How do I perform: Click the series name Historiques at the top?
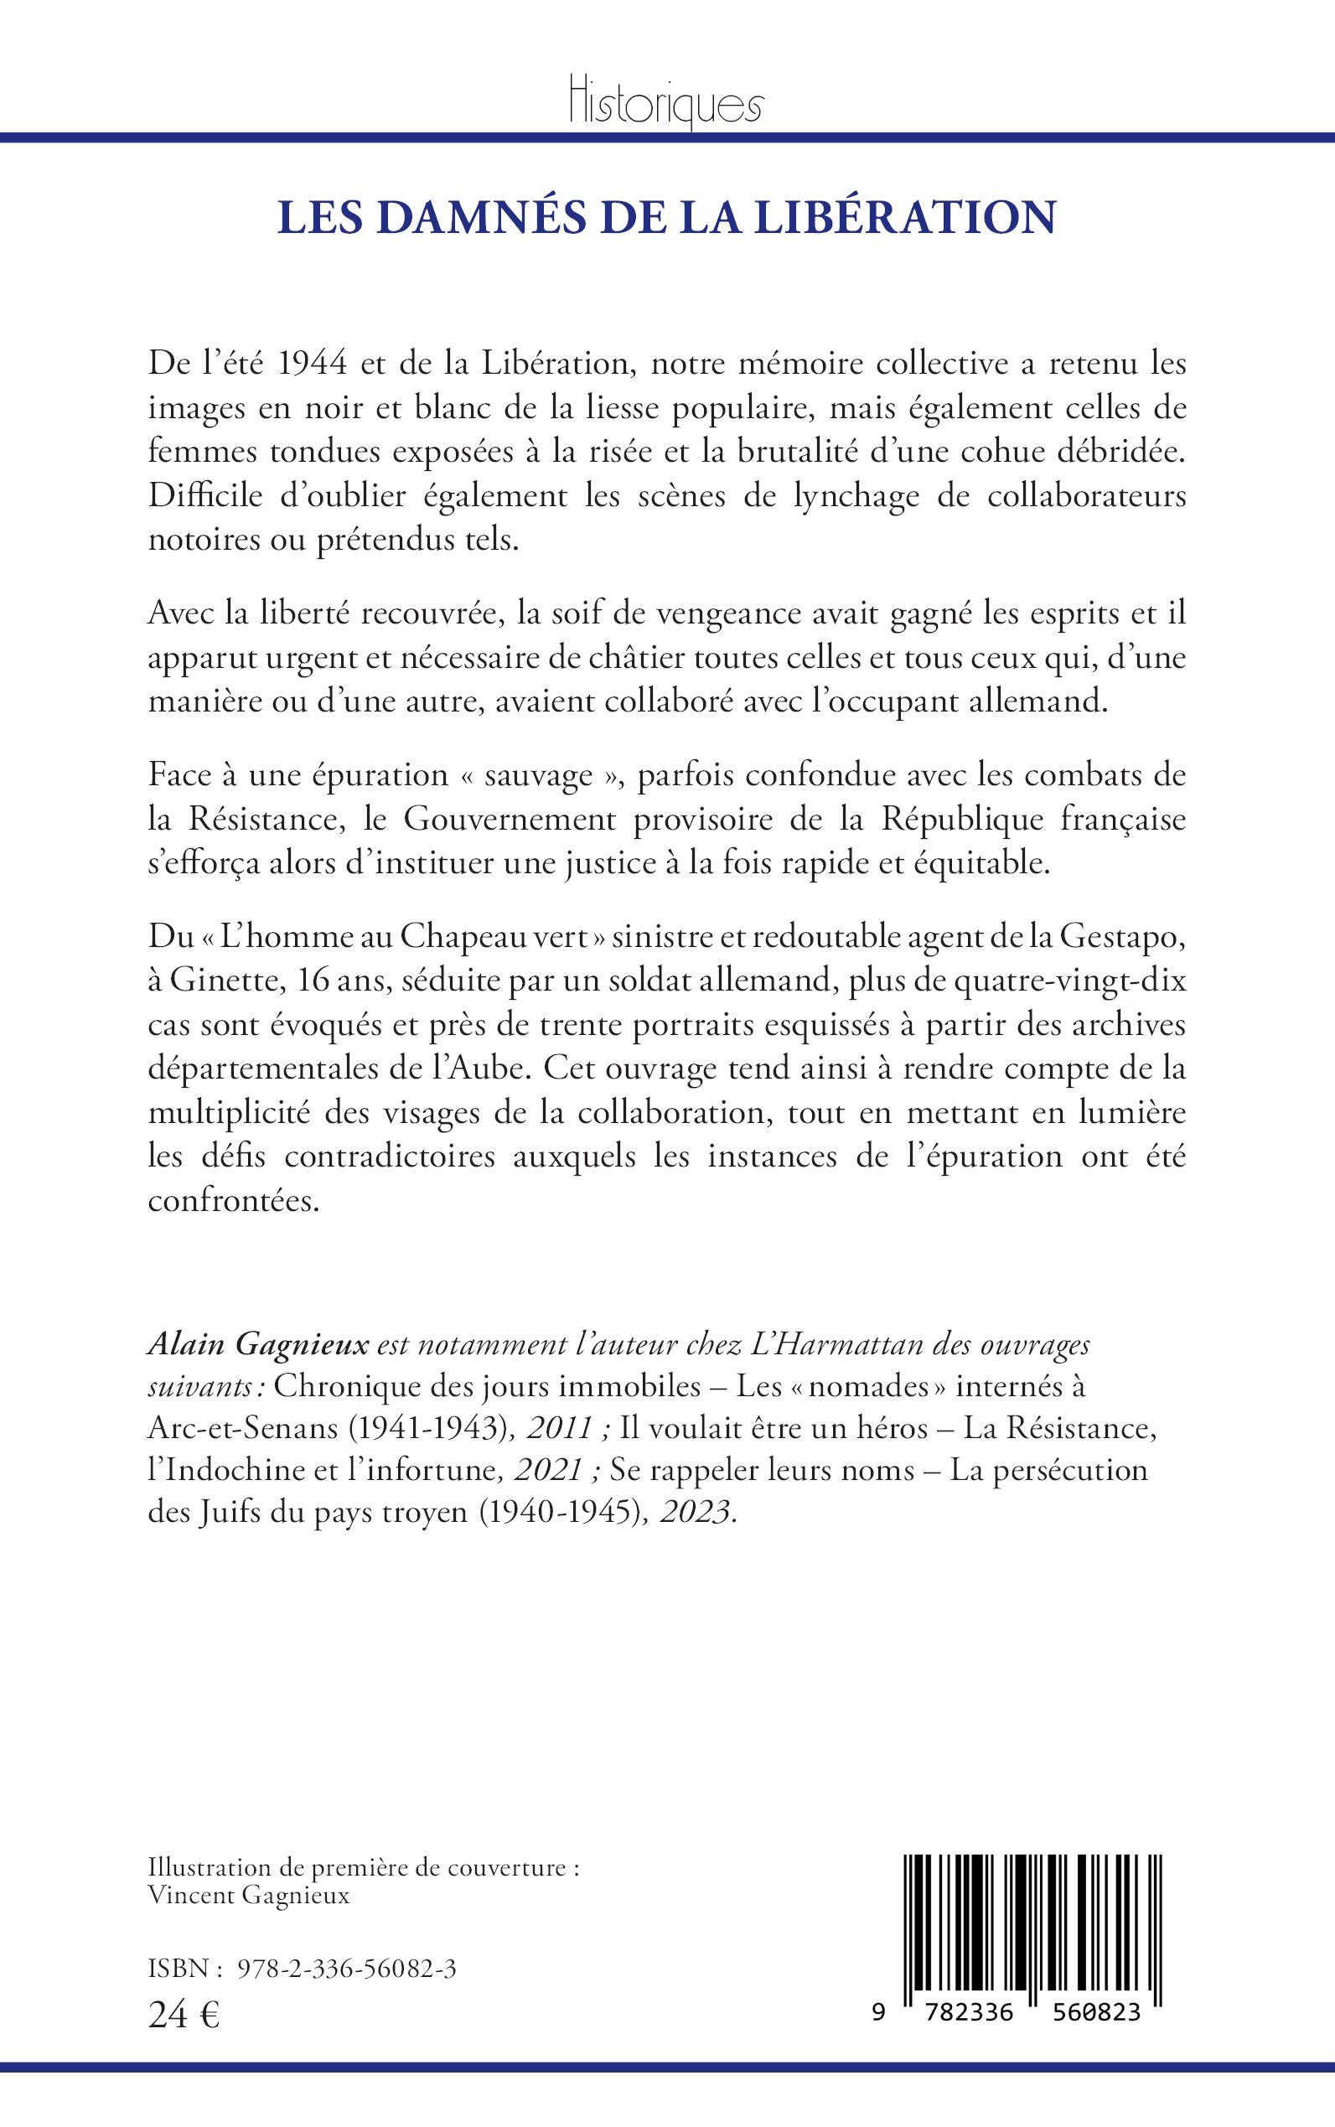click(x=665, y=105)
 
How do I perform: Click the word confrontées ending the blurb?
click(x=233, y=1201)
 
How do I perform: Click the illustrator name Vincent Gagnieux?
click(x=248, y=1870)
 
